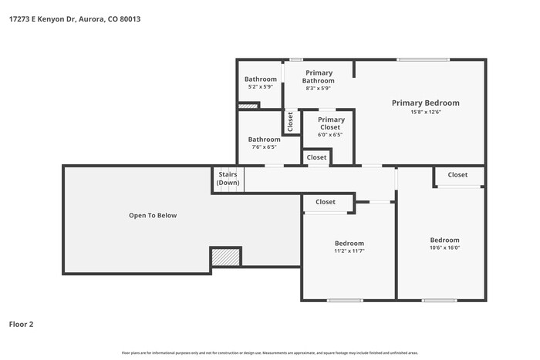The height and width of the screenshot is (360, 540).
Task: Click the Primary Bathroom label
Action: [x=318, y=77]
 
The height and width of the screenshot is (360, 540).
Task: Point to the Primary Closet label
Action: [x=331, y=123]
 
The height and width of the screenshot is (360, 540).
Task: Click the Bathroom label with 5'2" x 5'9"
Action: [x=261, y=79]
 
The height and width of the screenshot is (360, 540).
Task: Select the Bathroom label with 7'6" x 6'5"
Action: [x=264, y=140]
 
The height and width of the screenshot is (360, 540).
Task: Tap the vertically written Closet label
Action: [x=291, y=122]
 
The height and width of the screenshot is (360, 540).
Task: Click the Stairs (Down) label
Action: [x=228, y=179]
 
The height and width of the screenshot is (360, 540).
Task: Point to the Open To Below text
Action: [x=153, y=216]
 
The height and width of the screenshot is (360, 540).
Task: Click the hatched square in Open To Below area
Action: [x=226, y=257]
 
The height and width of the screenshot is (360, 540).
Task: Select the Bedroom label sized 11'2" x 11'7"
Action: [x=349, y=243]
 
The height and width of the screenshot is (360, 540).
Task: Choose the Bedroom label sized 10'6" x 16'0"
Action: [x=444, y=240]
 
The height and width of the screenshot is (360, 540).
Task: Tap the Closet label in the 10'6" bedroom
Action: [x=457, y=175]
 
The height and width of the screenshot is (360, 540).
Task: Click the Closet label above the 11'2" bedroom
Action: [x=326, y=202]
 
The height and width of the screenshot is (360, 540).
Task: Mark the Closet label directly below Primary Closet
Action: [x=316, y=157]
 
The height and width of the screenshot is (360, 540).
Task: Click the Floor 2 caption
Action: [x=21, y=325]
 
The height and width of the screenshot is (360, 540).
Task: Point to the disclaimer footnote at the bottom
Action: [x=270, y=353]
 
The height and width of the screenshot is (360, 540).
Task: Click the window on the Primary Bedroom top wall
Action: [x=422, y=59]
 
